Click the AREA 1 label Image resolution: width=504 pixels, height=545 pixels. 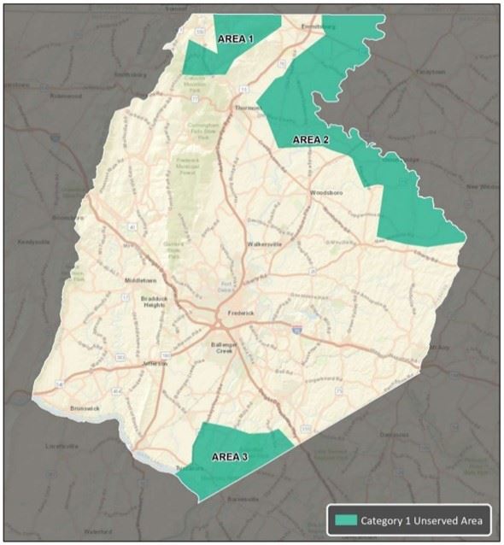tap(235, 39)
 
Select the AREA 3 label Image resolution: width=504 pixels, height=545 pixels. tap(229, 456)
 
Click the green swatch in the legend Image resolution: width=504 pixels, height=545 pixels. tap(345, 519)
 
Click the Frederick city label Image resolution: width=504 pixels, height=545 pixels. tap(241, 314)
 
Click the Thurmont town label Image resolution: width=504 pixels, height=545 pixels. tap(246, 108)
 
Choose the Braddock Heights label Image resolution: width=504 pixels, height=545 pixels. tap(155, 302)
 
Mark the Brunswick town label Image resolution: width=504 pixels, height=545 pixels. tap(85, 407)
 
